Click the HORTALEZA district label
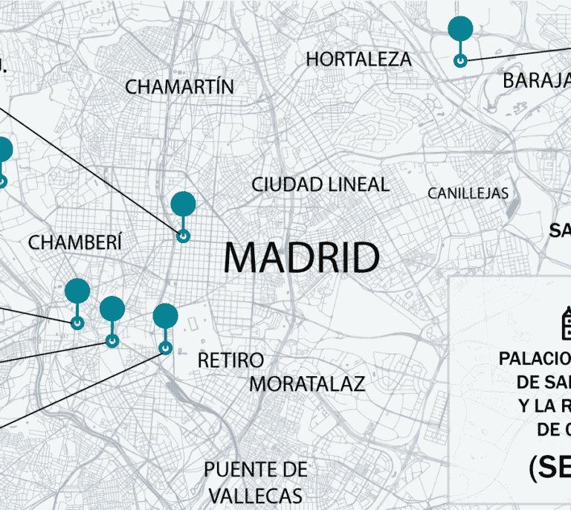358,59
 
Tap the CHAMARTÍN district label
179,87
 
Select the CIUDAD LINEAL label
320,184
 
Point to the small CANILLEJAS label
468,193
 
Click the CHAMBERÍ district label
74,242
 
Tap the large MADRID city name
301,258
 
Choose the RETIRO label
230,361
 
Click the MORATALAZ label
307,384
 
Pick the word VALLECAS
256,496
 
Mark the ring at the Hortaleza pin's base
460,60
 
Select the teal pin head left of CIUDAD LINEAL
183,204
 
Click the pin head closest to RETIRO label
165,316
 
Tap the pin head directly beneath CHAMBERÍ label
77,291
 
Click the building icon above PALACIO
565,323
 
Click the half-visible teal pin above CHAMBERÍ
3,149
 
